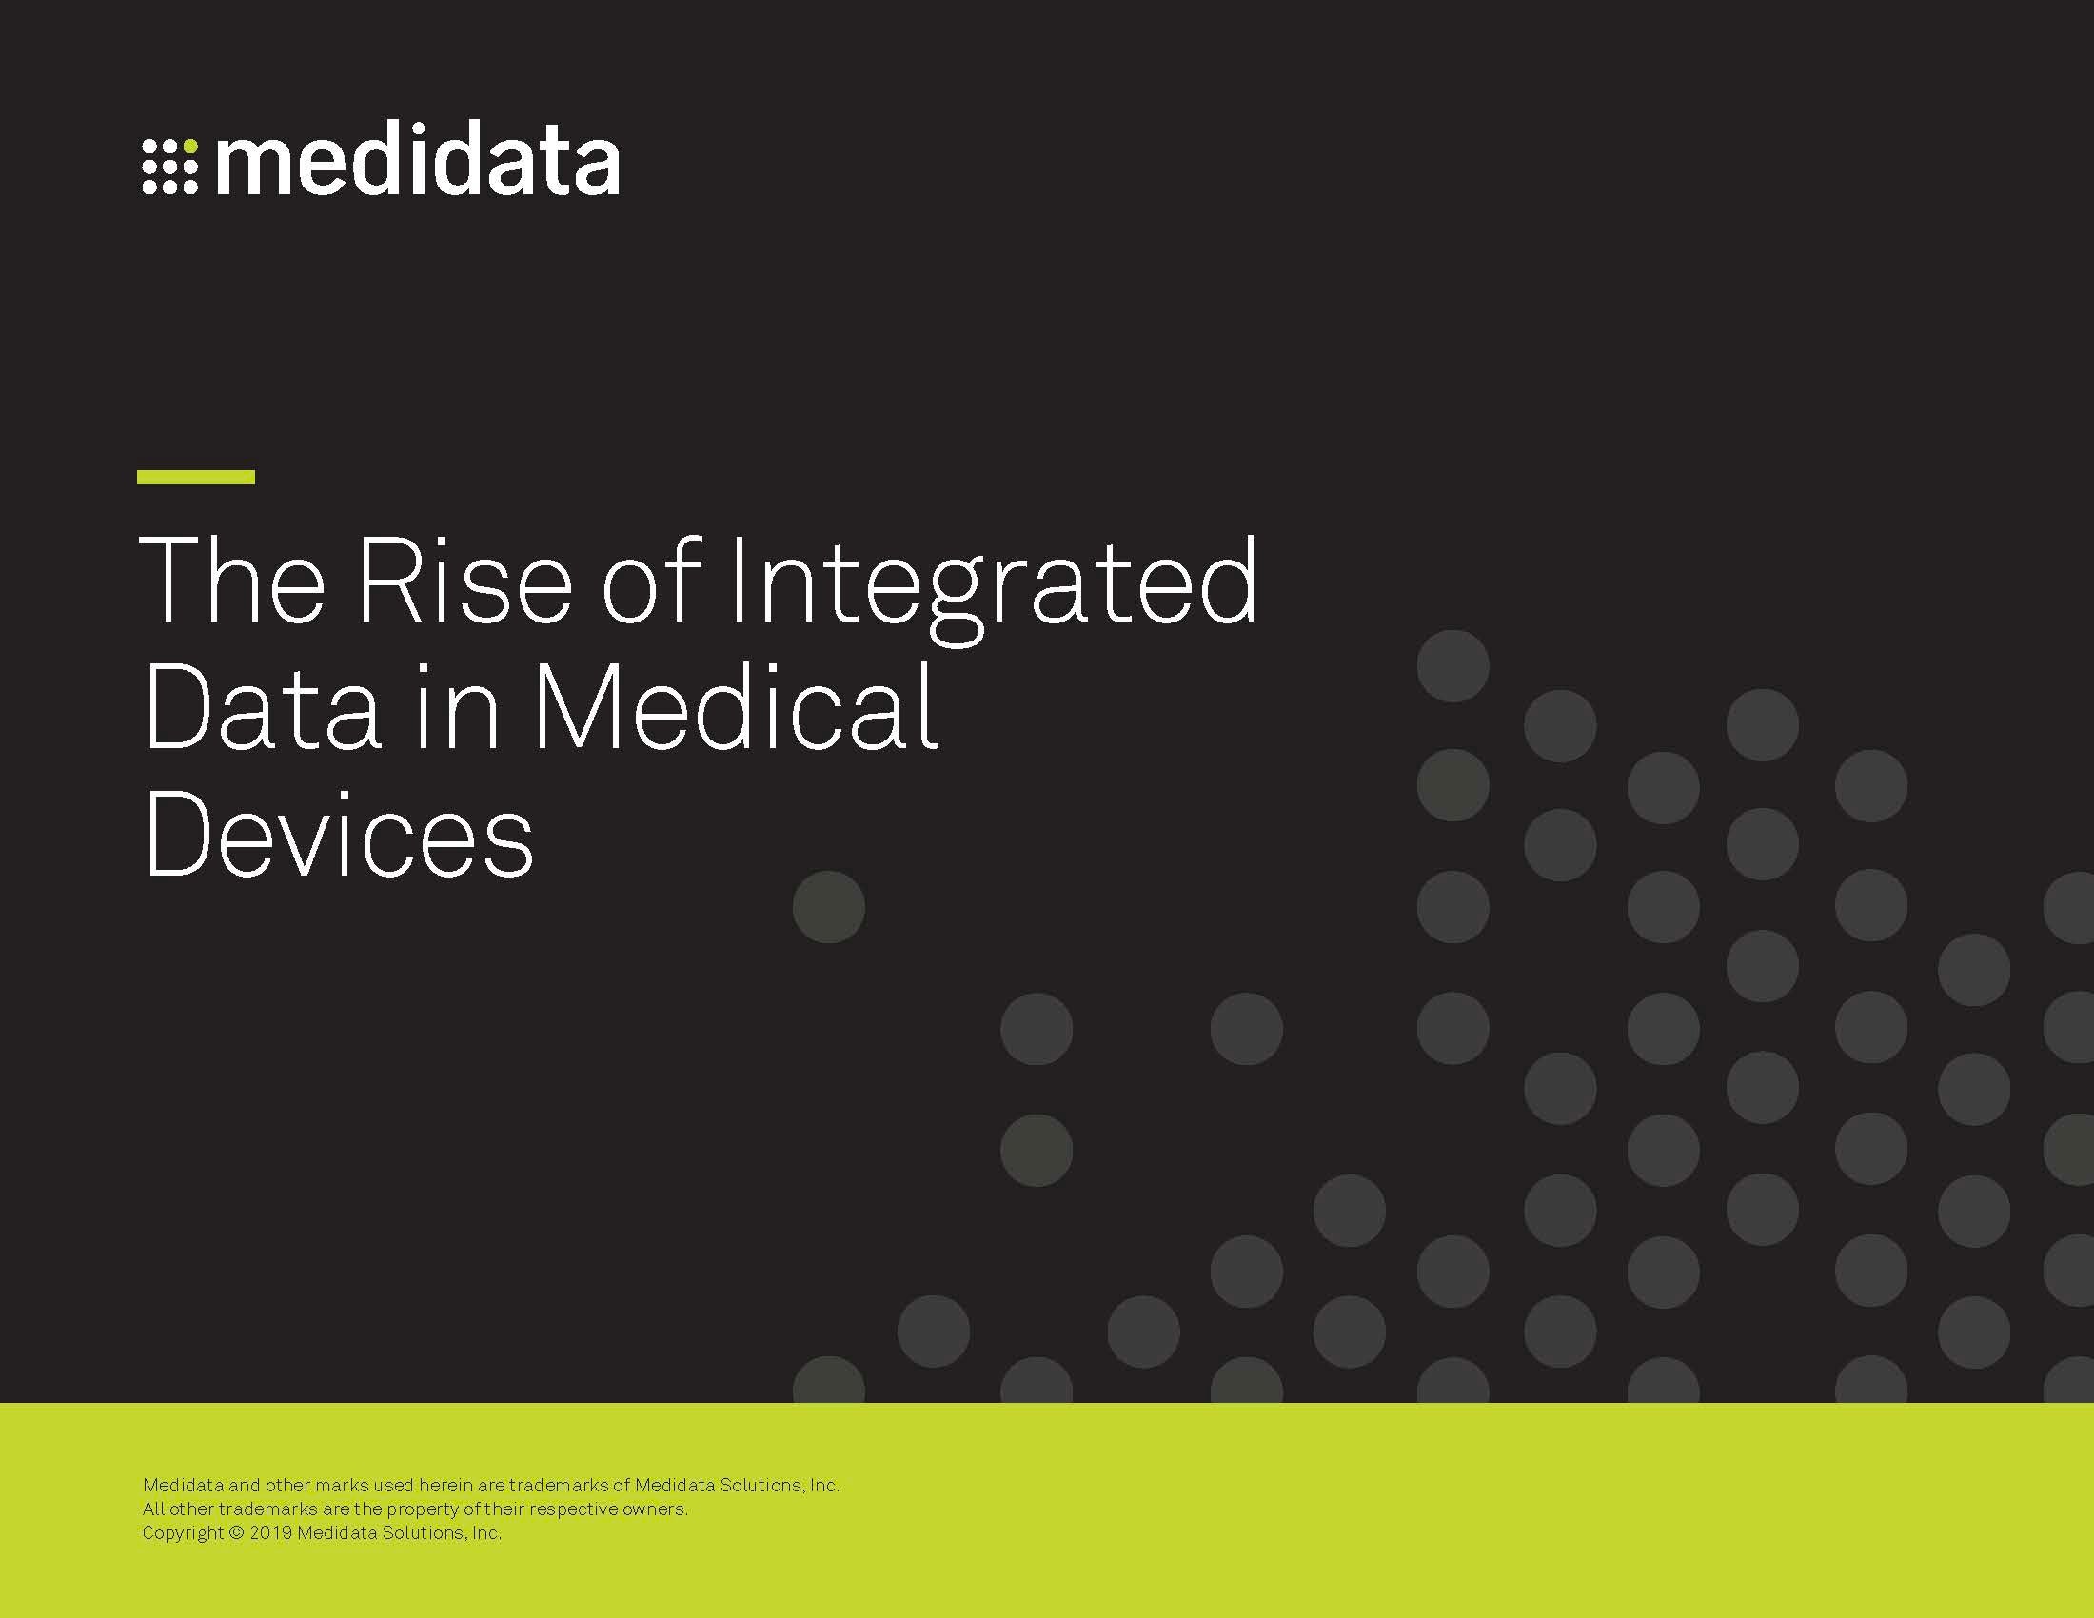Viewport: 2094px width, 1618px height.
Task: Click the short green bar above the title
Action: pos(195,477)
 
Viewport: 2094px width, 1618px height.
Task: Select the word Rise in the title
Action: pos(464,581)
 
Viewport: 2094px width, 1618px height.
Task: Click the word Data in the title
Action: pos(262,707)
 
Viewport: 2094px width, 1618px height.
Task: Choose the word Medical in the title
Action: pos(736,705)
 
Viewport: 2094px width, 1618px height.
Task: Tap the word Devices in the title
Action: pos(339,833)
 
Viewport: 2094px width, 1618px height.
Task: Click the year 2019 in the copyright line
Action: pos(270,1532)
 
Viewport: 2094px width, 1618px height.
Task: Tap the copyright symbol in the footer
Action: pos(237,1532)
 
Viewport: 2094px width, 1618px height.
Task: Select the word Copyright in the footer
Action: pos(183,1533)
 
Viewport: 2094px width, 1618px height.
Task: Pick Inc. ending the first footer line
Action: pos(824,1486)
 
